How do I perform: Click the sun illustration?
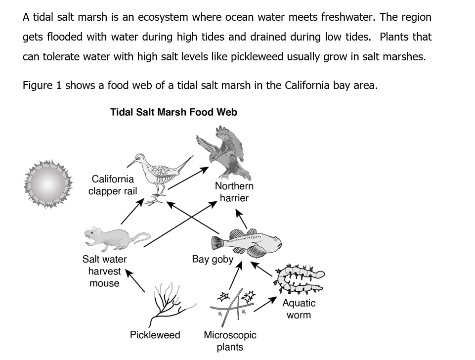coord(48,184)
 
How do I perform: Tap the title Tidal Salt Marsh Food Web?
coord(173,112)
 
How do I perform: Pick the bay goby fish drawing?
coord(246,241)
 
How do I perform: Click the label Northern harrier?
coord(234,192)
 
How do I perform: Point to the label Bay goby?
coord(212,259)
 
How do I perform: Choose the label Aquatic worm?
coord(299,309)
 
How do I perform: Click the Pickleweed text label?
coord(155,335)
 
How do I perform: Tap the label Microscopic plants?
coord(230,340)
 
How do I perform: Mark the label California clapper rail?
coord(113,185)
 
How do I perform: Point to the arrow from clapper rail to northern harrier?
coord(188,179)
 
